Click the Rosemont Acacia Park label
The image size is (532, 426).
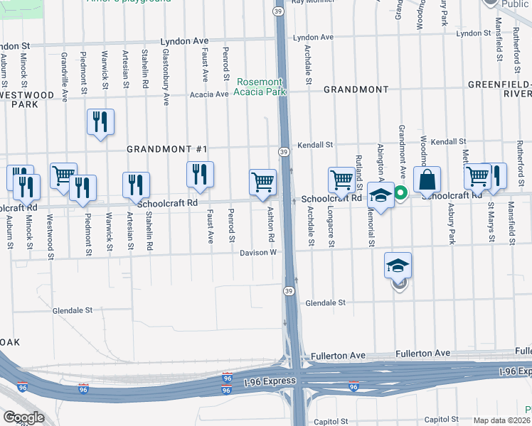[x=260, y=87]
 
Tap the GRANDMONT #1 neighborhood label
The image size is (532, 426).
[x=166, y=149]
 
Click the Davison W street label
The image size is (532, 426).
[x=257, y=252]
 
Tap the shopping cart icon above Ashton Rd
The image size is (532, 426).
[x=263, y=181]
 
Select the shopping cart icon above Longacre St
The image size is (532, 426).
[x=341, y=180]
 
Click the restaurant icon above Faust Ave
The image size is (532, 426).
[x=200, y=174]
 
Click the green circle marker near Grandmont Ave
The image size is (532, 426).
[x=400, y=192]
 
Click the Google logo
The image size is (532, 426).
[x=23, y=417]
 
